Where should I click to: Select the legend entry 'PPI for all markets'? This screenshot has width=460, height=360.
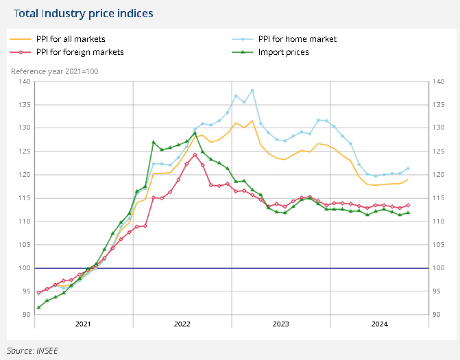71,39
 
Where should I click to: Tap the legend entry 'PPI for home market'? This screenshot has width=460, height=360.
297,39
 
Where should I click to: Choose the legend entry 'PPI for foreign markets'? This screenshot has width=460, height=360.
80,51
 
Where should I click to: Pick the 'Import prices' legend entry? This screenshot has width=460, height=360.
283,51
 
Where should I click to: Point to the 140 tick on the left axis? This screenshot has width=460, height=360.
25,82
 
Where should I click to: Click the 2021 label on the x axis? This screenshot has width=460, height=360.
83,323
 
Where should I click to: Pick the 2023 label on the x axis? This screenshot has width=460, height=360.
280,323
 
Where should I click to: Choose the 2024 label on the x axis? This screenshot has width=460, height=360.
379,323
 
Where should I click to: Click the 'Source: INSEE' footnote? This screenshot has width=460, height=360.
34,350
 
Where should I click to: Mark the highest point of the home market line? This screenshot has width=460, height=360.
252,91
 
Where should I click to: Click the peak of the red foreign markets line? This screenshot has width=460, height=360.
195,155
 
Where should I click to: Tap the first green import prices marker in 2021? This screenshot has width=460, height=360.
38,307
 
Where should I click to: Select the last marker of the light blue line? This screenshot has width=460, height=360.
408,169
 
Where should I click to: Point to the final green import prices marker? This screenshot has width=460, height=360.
408,213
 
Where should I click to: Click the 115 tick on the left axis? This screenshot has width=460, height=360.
25,198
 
